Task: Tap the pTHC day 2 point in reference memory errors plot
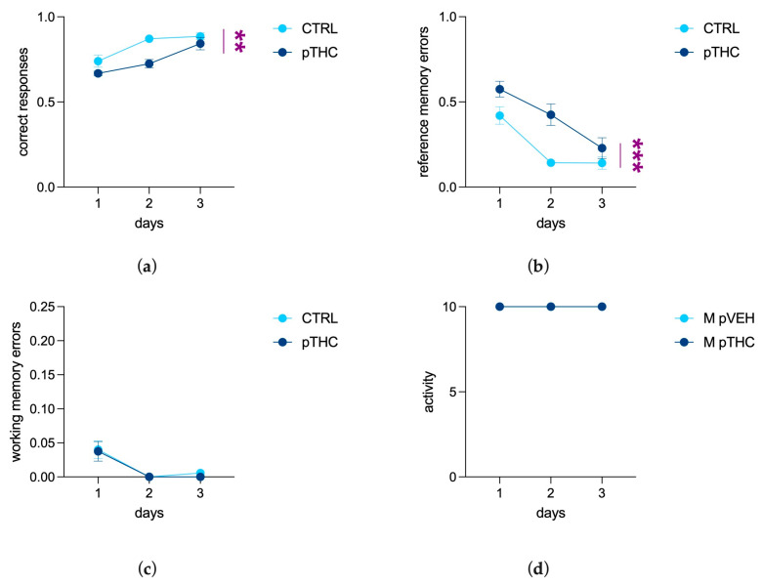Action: click(x=550, y=114)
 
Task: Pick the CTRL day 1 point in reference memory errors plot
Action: click(x=499, y=115)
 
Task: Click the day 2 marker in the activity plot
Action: click(x=550, y=307)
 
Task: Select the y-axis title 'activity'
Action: click(x=428, y=392)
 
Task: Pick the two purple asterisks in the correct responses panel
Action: click(x=239, y=41)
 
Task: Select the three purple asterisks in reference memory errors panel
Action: click(x=637, y=155)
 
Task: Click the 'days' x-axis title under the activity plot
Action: click(x=550, y=514)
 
